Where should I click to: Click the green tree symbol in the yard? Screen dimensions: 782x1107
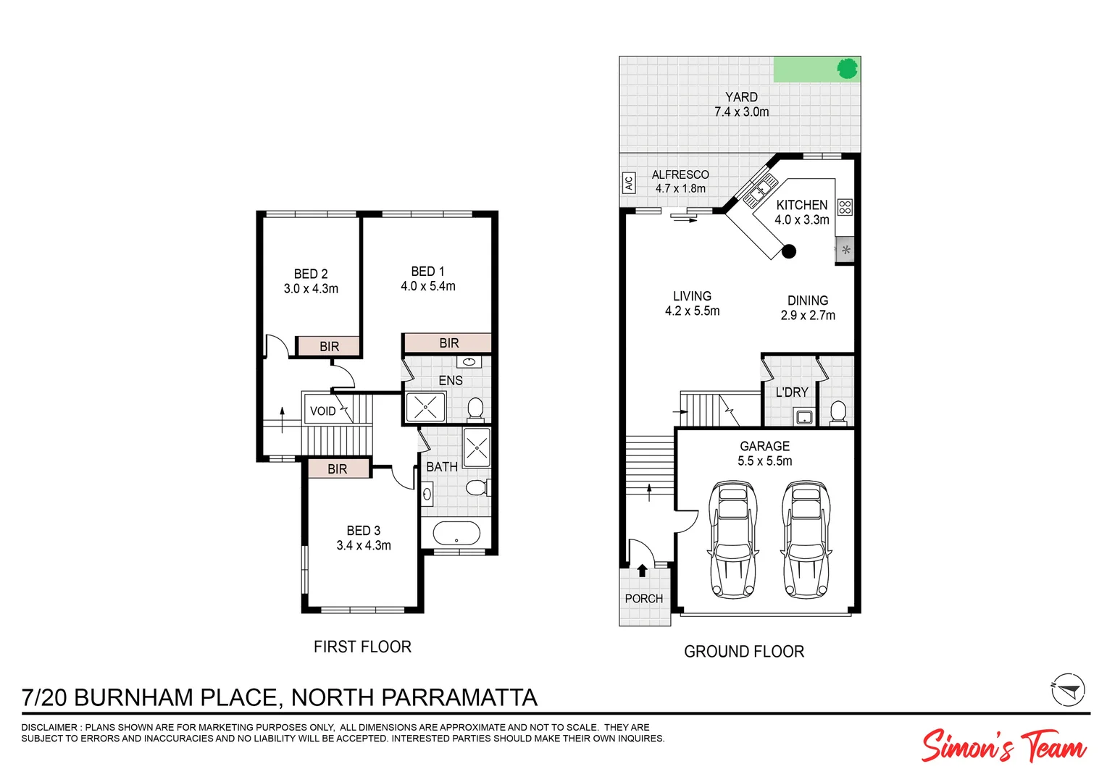847,69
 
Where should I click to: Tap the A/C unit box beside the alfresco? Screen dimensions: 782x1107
628,182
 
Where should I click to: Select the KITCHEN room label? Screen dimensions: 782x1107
801,205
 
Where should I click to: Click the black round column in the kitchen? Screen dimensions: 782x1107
789,251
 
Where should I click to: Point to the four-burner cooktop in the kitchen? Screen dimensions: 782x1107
845,207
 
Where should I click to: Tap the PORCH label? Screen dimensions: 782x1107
643,599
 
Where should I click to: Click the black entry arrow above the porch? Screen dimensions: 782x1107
642,570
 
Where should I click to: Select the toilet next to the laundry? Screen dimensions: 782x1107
837,412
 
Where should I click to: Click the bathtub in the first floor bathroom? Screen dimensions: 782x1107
456,534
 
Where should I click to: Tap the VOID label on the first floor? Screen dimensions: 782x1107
323,411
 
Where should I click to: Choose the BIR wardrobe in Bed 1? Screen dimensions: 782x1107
448,343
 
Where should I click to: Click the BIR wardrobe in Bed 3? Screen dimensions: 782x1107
338,469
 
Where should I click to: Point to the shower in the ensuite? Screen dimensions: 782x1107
425,408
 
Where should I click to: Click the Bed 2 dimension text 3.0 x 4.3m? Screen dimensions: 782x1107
311,289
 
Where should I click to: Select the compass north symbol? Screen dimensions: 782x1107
1068,689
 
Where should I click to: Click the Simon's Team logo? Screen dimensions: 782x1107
1003,746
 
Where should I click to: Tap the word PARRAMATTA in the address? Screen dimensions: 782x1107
459,697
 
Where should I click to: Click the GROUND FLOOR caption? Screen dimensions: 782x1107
744,652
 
